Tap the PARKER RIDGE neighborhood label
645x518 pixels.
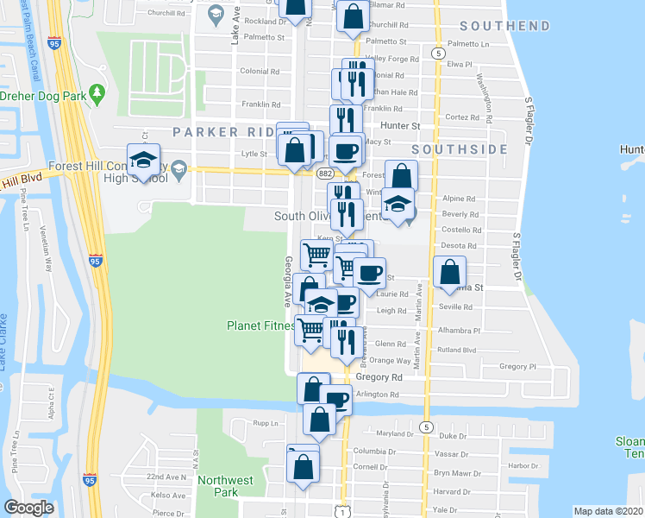[220, 131]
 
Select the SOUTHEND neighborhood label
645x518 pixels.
[504, 26]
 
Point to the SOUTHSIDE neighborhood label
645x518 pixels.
[459, 149]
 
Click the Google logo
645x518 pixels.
[29, 508]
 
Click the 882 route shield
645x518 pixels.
[325, 174]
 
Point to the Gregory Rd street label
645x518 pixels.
[379, 377]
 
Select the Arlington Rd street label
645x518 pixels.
[378, 395]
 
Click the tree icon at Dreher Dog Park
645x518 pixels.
[97, 91]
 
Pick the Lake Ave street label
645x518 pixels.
[234, 32]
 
